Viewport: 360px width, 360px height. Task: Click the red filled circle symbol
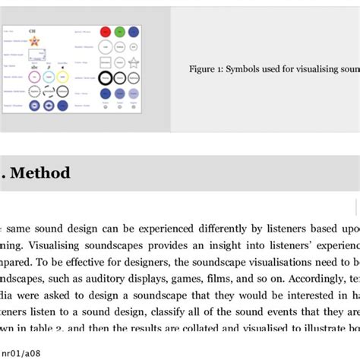[106, 31]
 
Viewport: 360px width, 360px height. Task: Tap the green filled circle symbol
[119, 31]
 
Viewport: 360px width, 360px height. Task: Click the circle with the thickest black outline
[106, 77]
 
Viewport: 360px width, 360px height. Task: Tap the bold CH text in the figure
[32, 30]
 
